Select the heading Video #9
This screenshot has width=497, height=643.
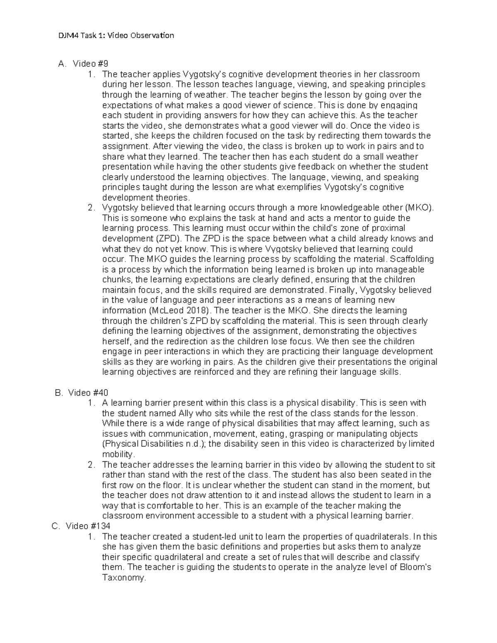(x=90, y=64)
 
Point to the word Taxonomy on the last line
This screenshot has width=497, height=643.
(x=124, y=578)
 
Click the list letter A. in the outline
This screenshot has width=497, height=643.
(x=62, y=64)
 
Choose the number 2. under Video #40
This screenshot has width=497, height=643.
(x=92, y=465)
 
